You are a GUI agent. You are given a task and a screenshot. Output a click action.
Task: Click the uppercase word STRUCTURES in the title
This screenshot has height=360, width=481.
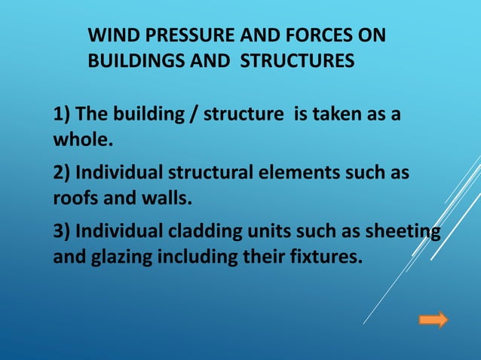(297, 60)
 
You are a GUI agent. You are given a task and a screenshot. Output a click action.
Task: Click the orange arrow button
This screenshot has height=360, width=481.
(433, 320)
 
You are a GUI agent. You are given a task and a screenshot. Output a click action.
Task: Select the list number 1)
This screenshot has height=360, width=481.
(62, 114)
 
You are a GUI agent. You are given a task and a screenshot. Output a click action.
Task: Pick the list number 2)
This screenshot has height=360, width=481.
(62, 173)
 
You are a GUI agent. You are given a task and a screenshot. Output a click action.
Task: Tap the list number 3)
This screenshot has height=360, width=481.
(62, 231)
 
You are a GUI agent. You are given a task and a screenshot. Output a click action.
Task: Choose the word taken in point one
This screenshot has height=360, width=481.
(339, 114)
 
